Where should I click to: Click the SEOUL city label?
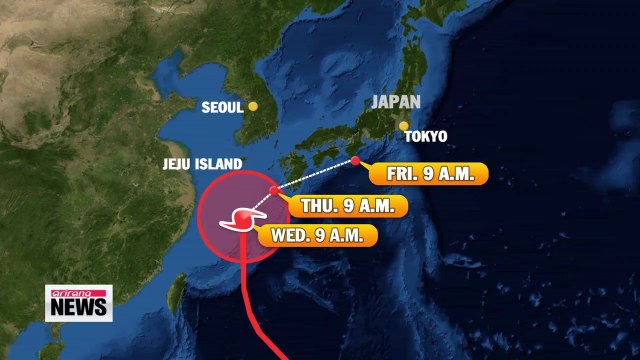tap(223, 107)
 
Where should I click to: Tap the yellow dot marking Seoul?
tap(254, 106)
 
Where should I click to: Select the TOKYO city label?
tap(426, 136)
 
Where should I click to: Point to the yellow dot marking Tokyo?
tap(404, 126)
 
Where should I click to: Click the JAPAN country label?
tap(396, 102)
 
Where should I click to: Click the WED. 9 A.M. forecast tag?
tap(318, 237)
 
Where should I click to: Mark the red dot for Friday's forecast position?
tap(355, 160)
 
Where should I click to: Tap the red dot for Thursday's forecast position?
tap(274, 189)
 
